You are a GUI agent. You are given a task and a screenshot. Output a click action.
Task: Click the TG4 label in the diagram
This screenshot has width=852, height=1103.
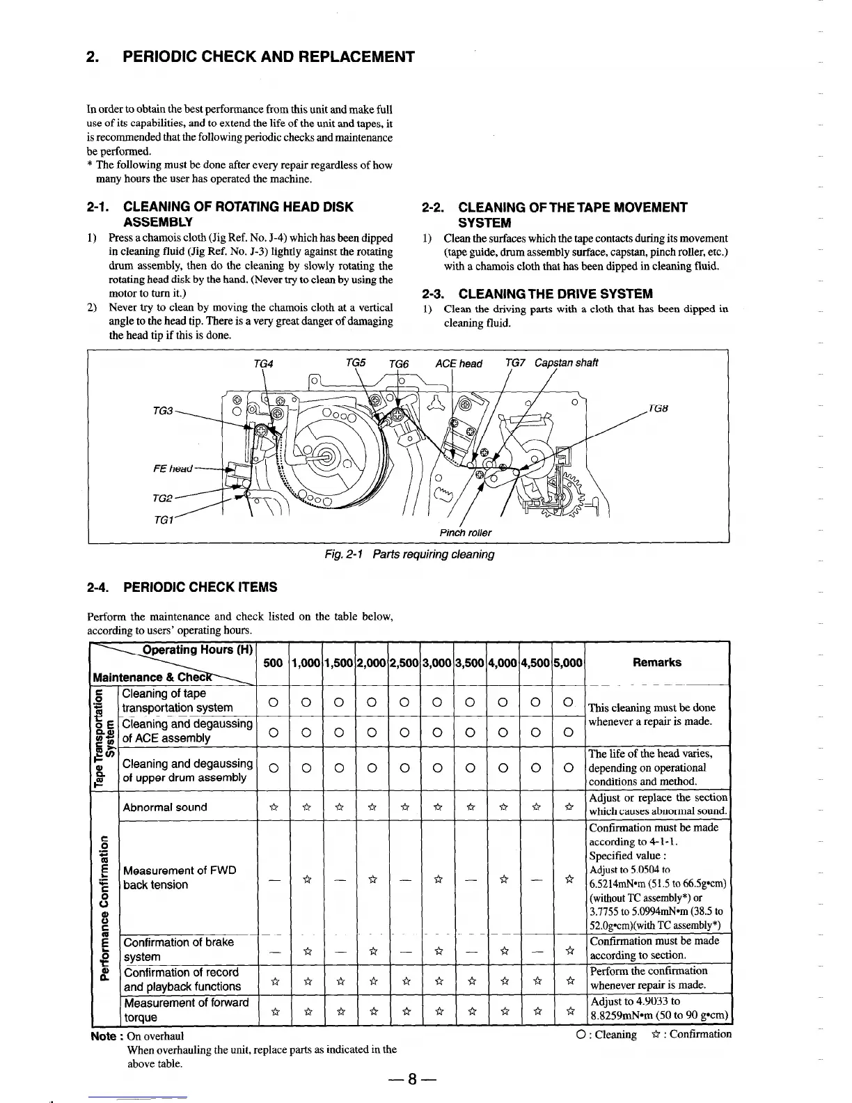(x=263, y=363)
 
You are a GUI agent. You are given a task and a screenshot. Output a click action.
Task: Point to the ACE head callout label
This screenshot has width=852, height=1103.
(x=458, y=363)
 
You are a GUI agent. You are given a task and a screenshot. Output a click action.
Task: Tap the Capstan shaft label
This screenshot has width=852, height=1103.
(x=566, y=363)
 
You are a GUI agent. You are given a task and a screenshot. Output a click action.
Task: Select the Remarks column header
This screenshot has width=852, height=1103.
(x=656, y=662)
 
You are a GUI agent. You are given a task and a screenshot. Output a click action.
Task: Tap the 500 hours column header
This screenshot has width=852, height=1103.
(x=274, y=663)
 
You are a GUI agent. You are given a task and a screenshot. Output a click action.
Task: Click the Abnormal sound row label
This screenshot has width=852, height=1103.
(x=165, y=807)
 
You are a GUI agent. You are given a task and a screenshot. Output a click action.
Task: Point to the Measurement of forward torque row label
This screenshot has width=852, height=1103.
(x=186, y=1010)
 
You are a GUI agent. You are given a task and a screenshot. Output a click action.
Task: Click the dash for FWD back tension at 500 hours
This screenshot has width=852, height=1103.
(x=274, y=878)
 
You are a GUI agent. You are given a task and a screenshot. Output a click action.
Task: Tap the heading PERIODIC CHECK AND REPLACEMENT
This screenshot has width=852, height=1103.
(x=268, y=56)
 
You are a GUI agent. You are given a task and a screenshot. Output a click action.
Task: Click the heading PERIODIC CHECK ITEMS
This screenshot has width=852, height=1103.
(x=200, y=587)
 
